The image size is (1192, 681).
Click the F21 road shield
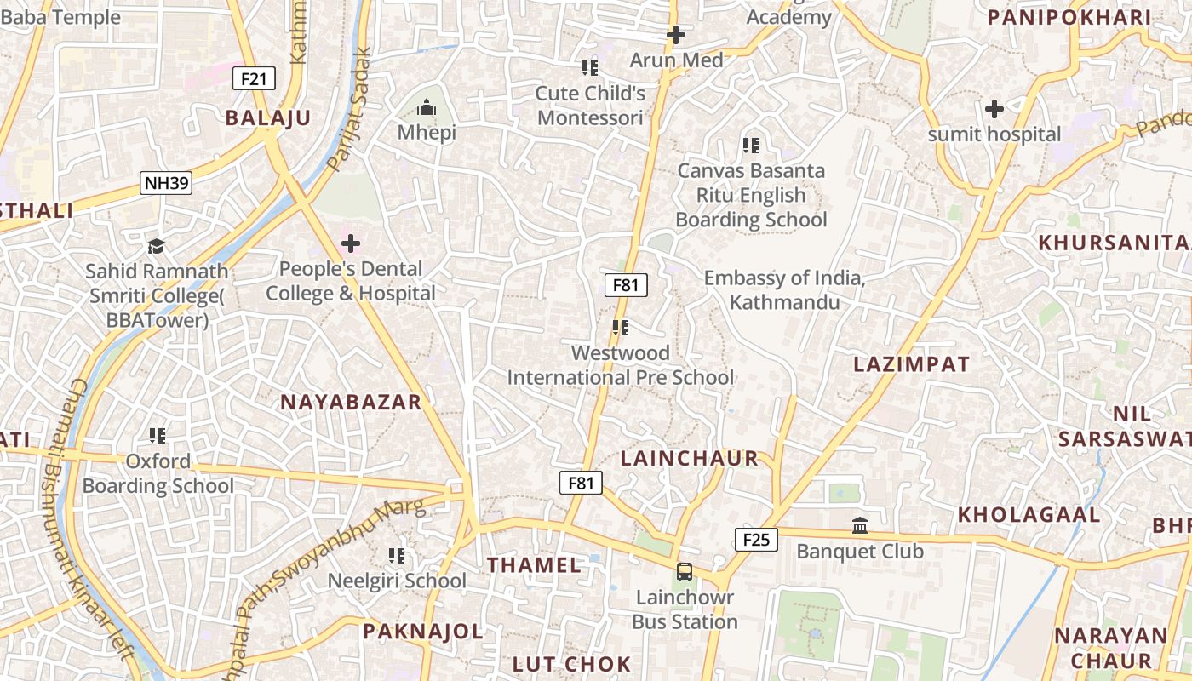tap(254, 79)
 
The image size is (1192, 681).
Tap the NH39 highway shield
tap(166, 182)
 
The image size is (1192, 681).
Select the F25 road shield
tap(756, 539)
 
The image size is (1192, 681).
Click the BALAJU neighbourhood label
tap(268, 118)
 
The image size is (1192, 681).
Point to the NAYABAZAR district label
tap(351, 403)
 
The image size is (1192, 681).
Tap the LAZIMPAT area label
tap(911, 364)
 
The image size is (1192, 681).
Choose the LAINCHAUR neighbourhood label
tap(689, 458)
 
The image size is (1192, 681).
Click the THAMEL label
tap(534, 564)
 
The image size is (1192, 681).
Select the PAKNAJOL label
tap(423, 632)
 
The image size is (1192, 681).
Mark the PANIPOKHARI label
tap(1069, 17)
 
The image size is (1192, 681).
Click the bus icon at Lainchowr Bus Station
tap(685, 572)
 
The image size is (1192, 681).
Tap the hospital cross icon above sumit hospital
tap(994, 109)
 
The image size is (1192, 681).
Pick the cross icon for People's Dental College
tap(350, 244)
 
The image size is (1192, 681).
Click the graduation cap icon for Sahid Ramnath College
tap(156, 247)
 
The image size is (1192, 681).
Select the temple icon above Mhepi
tap(427, 107)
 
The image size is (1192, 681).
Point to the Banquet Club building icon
tap(860, 526)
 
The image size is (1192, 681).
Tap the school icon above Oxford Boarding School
tap(158, 436)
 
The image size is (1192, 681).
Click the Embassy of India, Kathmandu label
tap(784, 290)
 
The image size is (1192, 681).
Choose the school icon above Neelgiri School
tap(397, 556)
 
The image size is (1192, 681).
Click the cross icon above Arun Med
tap(676, 35)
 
